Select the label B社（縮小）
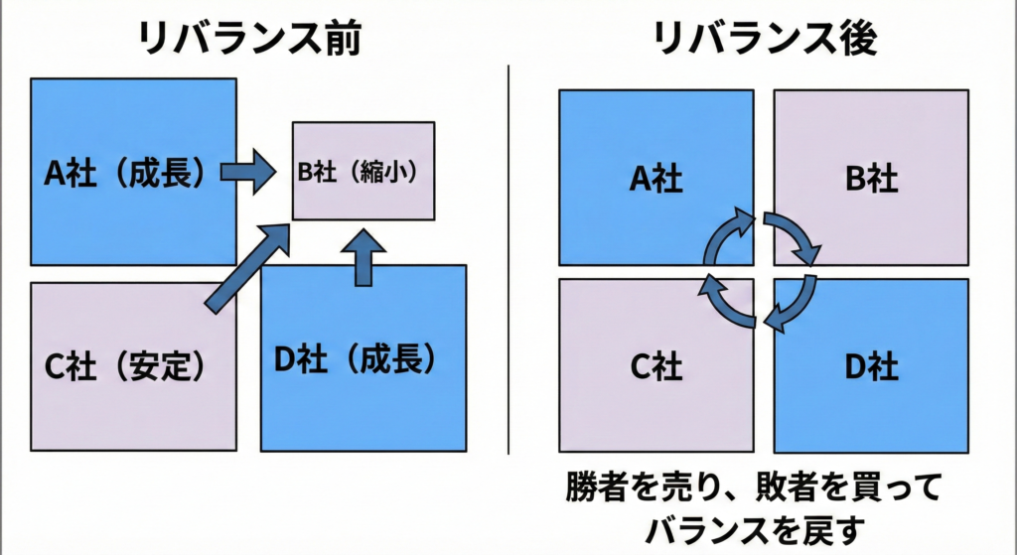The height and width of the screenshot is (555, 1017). tap(363, 171)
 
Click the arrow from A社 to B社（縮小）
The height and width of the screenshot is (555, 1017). tap(247, 173)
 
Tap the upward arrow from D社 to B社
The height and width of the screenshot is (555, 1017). tap(368, 256)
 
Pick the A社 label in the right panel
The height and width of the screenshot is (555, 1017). tap(655, 179)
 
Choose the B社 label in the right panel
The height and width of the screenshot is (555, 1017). tap(871, 179)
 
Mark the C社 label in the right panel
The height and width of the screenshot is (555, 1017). tap(655, 367)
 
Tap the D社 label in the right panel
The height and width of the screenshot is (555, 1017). tap(871, 367)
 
